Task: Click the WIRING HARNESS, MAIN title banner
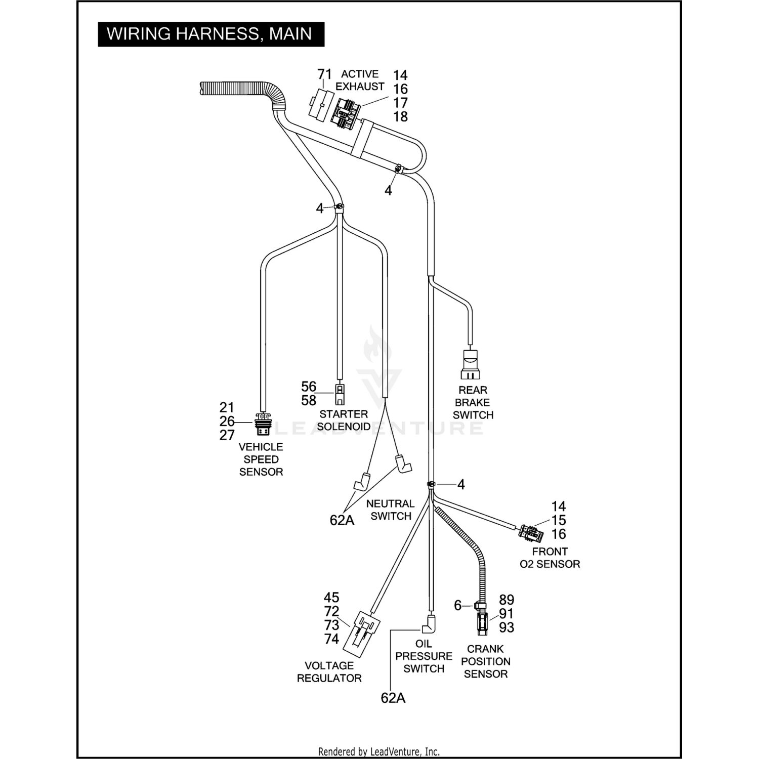point(210,34)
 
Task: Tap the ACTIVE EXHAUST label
point(360,80)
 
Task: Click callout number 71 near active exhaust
point(324,74)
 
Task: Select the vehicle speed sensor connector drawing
point(263,423)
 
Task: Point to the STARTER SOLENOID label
point(344,420)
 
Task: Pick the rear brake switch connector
point(471,364)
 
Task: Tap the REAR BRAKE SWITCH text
point(473,402)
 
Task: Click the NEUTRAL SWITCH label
point(390,510)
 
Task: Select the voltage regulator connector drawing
point(360,630)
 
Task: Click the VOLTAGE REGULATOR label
point(329,671)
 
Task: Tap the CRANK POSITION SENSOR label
point(485,661)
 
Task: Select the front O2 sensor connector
point(530,533)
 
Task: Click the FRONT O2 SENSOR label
point(550,558)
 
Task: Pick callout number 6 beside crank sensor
point(457,605)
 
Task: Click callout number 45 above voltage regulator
point(331,598)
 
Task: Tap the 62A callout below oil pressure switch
point(393,698)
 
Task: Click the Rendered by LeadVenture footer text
point(379,751)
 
